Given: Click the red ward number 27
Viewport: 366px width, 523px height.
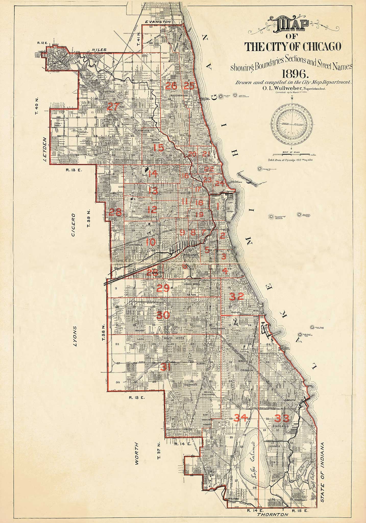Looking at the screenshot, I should [x=113, y=106].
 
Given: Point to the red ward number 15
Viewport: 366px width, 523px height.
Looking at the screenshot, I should [x=158, y=148].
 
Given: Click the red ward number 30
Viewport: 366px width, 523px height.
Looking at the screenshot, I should [x=163, y=315].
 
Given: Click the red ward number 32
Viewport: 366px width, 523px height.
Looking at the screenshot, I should [x=237, y=296].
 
